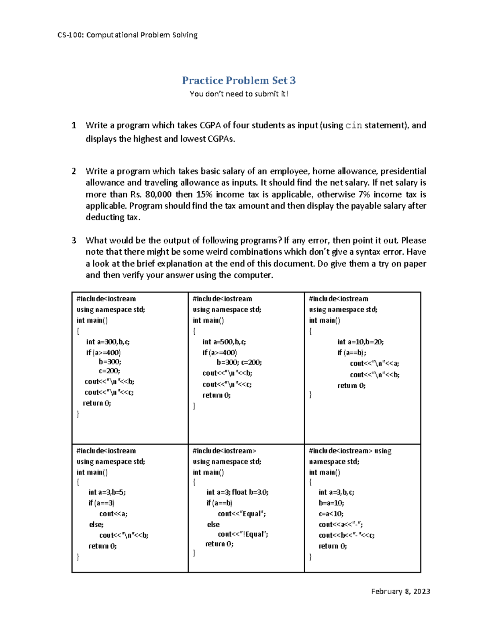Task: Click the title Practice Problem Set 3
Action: point(239,80)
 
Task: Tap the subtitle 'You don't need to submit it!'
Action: point(239,94)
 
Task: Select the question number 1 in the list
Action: point(74,125)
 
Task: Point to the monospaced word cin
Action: point(353,125)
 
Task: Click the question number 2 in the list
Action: point(74,171)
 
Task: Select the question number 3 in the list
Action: point(74,240)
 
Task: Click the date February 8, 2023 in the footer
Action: point(400,591)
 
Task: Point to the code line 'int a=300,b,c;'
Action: point(108,342)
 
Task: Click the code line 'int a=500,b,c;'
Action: point(224,342)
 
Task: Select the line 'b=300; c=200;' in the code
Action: point(239,362)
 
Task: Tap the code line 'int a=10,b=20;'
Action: point(360,342)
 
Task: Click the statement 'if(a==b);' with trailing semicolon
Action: point(351,353)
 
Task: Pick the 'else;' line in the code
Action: point(96,524)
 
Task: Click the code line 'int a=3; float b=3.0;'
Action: point(237,492)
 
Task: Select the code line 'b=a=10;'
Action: point(331,503)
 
